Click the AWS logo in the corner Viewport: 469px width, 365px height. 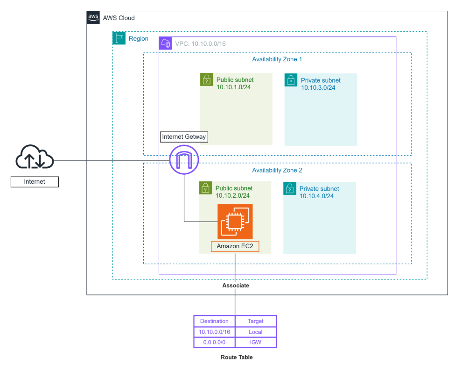pyautogui.click(x=93, y=17)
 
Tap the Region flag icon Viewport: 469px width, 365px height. pyautogui.click(x=119, y=38)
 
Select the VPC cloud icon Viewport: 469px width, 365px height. pyautogui.click(x=165, y=43)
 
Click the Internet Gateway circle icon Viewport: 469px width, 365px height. pyautogui.click(x=184, y=159)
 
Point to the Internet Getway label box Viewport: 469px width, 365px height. pyautogui.click(x=184, y=137)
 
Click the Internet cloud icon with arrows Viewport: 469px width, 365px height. pyautogui.click(x=35, y=157)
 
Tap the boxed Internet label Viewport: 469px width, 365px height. pyautogui.click(x=35, y=182)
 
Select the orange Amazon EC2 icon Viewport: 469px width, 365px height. pyautogui.click(x=235, y=222)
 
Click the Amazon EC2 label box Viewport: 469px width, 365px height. pyautogui.click(x=235, y=246)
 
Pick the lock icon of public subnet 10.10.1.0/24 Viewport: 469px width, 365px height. pyautogui.click(x=207, y=79)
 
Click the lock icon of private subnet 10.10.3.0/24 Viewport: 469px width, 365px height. pyautogui.click(x=291, y=80)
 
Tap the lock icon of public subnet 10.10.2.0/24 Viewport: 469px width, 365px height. pyautogui.click(x=205, y=188)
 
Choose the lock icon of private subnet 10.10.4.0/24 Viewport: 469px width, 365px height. pyautogui.click(x=290, y=188)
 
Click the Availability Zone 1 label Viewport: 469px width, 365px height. pyautogui.click(x=277, y=59)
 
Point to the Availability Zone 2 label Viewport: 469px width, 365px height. pyautogui.click(x=277, y=171)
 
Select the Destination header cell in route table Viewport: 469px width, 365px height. pyautogui.click(x=215, y=321)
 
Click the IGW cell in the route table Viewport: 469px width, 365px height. pyautogui.click(x=256, y=342)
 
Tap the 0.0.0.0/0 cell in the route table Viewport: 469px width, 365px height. pyautogui.click(x=215, y=342)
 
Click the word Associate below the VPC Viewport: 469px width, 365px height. pyautogui.click(x=236, y=286)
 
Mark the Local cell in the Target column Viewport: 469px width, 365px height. pyautogui.click(x=256, y=332)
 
